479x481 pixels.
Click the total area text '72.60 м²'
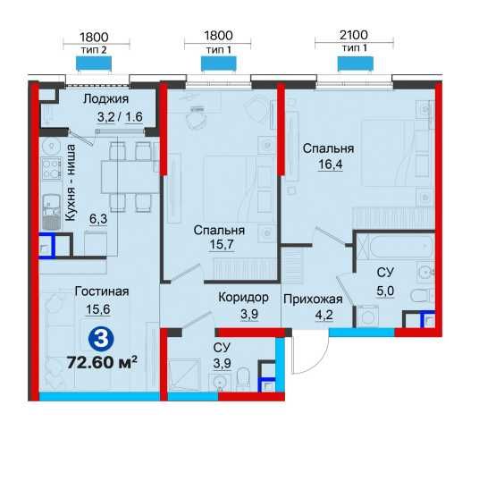pyautogui.click(x=102, y=363)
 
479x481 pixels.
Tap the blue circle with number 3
pyautogui.click(x=102, y=340)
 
